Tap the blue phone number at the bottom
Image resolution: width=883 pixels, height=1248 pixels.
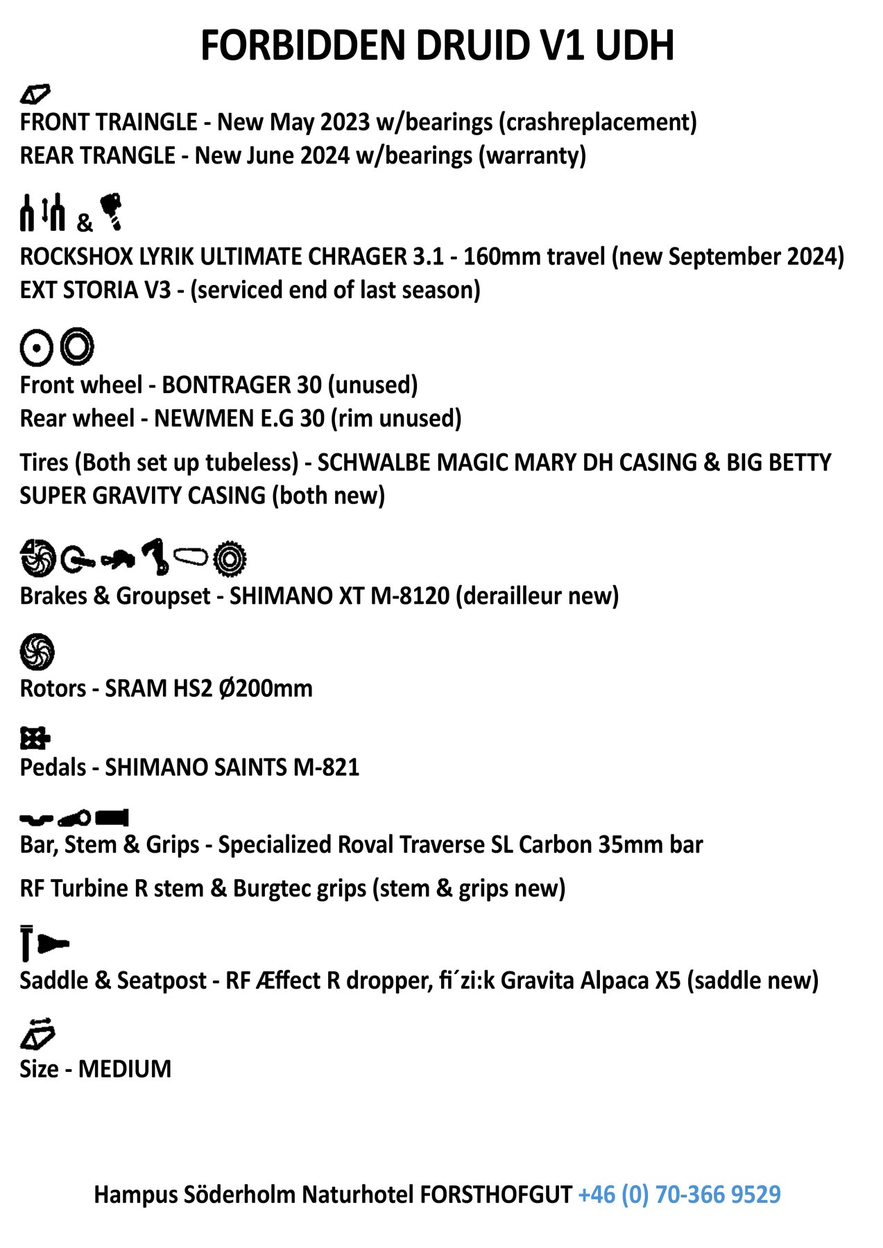click(x=679, y=1194)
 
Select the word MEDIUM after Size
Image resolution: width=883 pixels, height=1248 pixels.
click(x=125, y=1068)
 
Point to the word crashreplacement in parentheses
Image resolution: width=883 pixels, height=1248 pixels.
click(x=597, y=122)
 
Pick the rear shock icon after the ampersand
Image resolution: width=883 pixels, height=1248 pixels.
click(x=111, y=211)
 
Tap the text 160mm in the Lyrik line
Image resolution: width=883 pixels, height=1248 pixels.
click(x=499, y=257)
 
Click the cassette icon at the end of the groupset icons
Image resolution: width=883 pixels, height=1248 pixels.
click(x=230, y=558)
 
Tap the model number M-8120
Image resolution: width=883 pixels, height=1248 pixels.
click(x=410, y=596)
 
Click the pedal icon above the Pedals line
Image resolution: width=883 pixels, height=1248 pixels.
click(x=35, y=738)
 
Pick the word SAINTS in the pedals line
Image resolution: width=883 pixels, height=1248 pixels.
click(x=251, y=768)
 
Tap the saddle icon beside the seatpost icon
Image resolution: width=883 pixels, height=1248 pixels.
click(x=53, y=944)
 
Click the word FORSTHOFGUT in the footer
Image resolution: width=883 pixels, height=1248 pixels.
click(x=496, y=1194)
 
